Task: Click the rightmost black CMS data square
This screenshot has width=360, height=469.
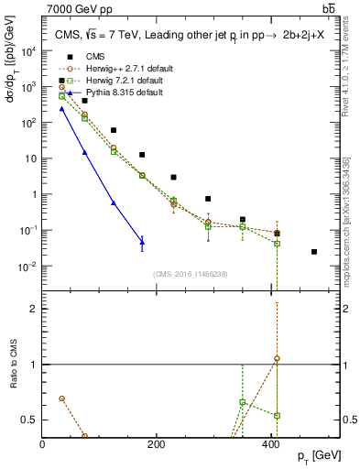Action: click(x=314, y=252)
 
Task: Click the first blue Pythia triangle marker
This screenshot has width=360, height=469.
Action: click(x=61, y=108)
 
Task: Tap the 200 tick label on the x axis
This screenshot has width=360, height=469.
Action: click(x=157, y=444)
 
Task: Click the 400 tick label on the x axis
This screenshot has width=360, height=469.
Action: click(x=270, y=444)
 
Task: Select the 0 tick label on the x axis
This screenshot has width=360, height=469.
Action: click(x=43, y=444)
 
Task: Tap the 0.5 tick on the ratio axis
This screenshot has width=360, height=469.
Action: click(x=30, y=420)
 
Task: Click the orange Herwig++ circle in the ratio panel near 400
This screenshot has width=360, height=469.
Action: click(x=277, y=358)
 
